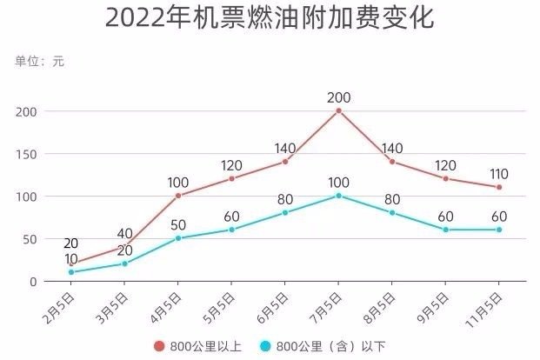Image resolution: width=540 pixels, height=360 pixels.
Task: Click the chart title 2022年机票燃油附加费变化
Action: pyautogui.click(x=269, y=19)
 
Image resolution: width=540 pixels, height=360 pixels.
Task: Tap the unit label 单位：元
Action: pyautogui.click(x=39, y=61)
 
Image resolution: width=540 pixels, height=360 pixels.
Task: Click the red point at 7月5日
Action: pyautogui.click(x=338, y=110)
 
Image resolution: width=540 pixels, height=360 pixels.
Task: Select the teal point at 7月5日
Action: pyautogui.click(x=338, y=196)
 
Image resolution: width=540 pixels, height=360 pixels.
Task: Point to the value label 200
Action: pyautogui.click(x=338, y=97)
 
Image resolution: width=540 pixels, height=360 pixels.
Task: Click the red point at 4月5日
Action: pyautogui.click(x=178, y=196)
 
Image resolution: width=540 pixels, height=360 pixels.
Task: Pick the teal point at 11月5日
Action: pyautogui.click(x=499, y=230)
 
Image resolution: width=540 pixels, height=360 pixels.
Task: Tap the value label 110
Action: pyautogui.click(x=499, y=173)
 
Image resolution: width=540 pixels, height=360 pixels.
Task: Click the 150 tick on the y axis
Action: pyautogui.click(x=28, y=154)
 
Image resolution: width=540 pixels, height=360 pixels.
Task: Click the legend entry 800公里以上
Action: pyautogui.click(x=199, y=346)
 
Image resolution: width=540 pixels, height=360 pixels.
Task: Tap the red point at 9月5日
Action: pyautogui.click(x=445, y=178)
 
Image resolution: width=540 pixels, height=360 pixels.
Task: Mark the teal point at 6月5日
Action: pyautogui.click(x=284, y=212)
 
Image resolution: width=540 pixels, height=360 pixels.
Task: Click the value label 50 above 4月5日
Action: pyautogui.click(x=178, y=224)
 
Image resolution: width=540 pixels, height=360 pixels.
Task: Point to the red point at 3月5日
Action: pyautogui.click(x=124, y=246)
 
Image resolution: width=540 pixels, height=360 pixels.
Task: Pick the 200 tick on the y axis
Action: pyautogui.click(x=28, y=111)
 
